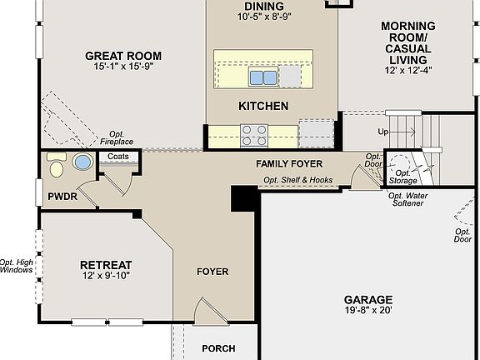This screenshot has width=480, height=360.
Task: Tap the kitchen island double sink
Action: [x=264, y=78]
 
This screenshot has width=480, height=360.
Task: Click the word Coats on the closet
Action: [x=118, y=156]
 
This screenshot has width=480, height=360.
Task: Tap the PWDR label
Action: [x=62, y=197]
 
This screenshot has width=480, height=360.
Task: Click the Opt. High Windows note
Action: [x=17, y=265]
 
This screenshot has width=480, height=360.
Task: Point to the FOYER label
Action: [x=212, y=272]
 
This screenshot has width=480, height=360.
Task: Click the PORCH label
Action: [x=219, y=348]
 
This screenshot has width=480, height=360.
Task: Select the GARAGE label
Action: [x=367, y=299]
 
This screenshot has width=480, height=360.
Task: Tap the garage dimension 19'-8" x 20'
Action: [x=367, y=311]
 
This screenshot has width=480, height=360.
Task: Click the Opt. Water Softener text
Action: [x=407, y=199]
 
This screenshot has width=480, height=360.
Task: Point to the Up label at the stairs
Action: [x=382, y=132]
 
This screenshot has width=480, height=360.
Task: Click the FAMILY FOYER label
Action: [x=288, y=164]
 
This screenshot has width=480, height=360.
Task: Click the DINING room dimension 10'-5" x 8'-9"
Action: [x=263, y=16]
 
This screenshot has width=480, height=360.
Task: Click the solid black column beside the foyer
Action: [x=244, y=198]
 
